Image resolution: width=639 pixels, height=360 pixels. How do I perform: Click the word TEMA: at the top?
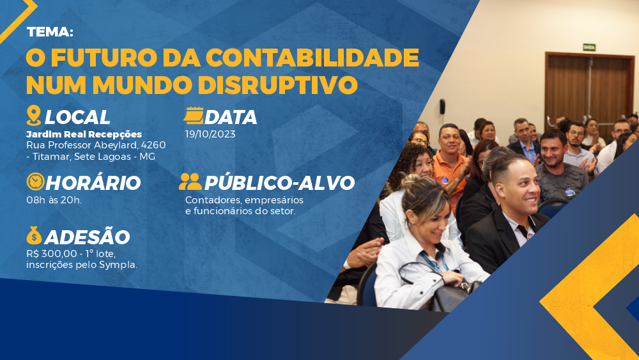point(50,32)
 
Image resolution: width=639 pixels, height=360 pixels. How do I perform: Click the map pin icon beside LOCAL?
point(34,115)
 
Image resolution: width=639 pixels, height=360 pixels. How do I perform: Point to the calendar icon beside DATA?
point(194,115)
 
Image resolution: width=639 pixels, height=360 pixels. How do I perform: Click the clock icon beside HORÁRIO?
point(35,182)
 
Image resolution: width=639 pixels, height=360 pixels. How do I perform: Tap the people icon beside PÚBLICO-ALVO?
point(190,182)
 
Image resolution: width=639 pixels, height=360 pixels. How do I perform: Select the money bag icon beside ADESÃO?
point(35,235)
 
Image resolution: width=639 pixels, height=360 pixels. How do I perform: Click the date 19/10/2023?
point(210,134)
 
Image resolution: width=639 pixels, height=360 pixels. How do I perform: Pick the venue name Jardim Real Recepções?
point(84,134)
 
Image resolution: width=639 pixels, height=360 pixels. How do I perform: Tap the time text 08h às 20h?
point(54,200)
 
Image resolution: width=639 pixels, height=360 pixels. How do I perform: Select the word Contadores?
point(209,200)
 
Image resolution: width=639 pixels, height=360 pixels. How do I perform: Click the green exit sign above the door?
point(589,47)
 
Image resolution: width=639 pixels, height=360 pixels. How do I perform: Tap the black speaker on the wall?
point(442,106)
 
